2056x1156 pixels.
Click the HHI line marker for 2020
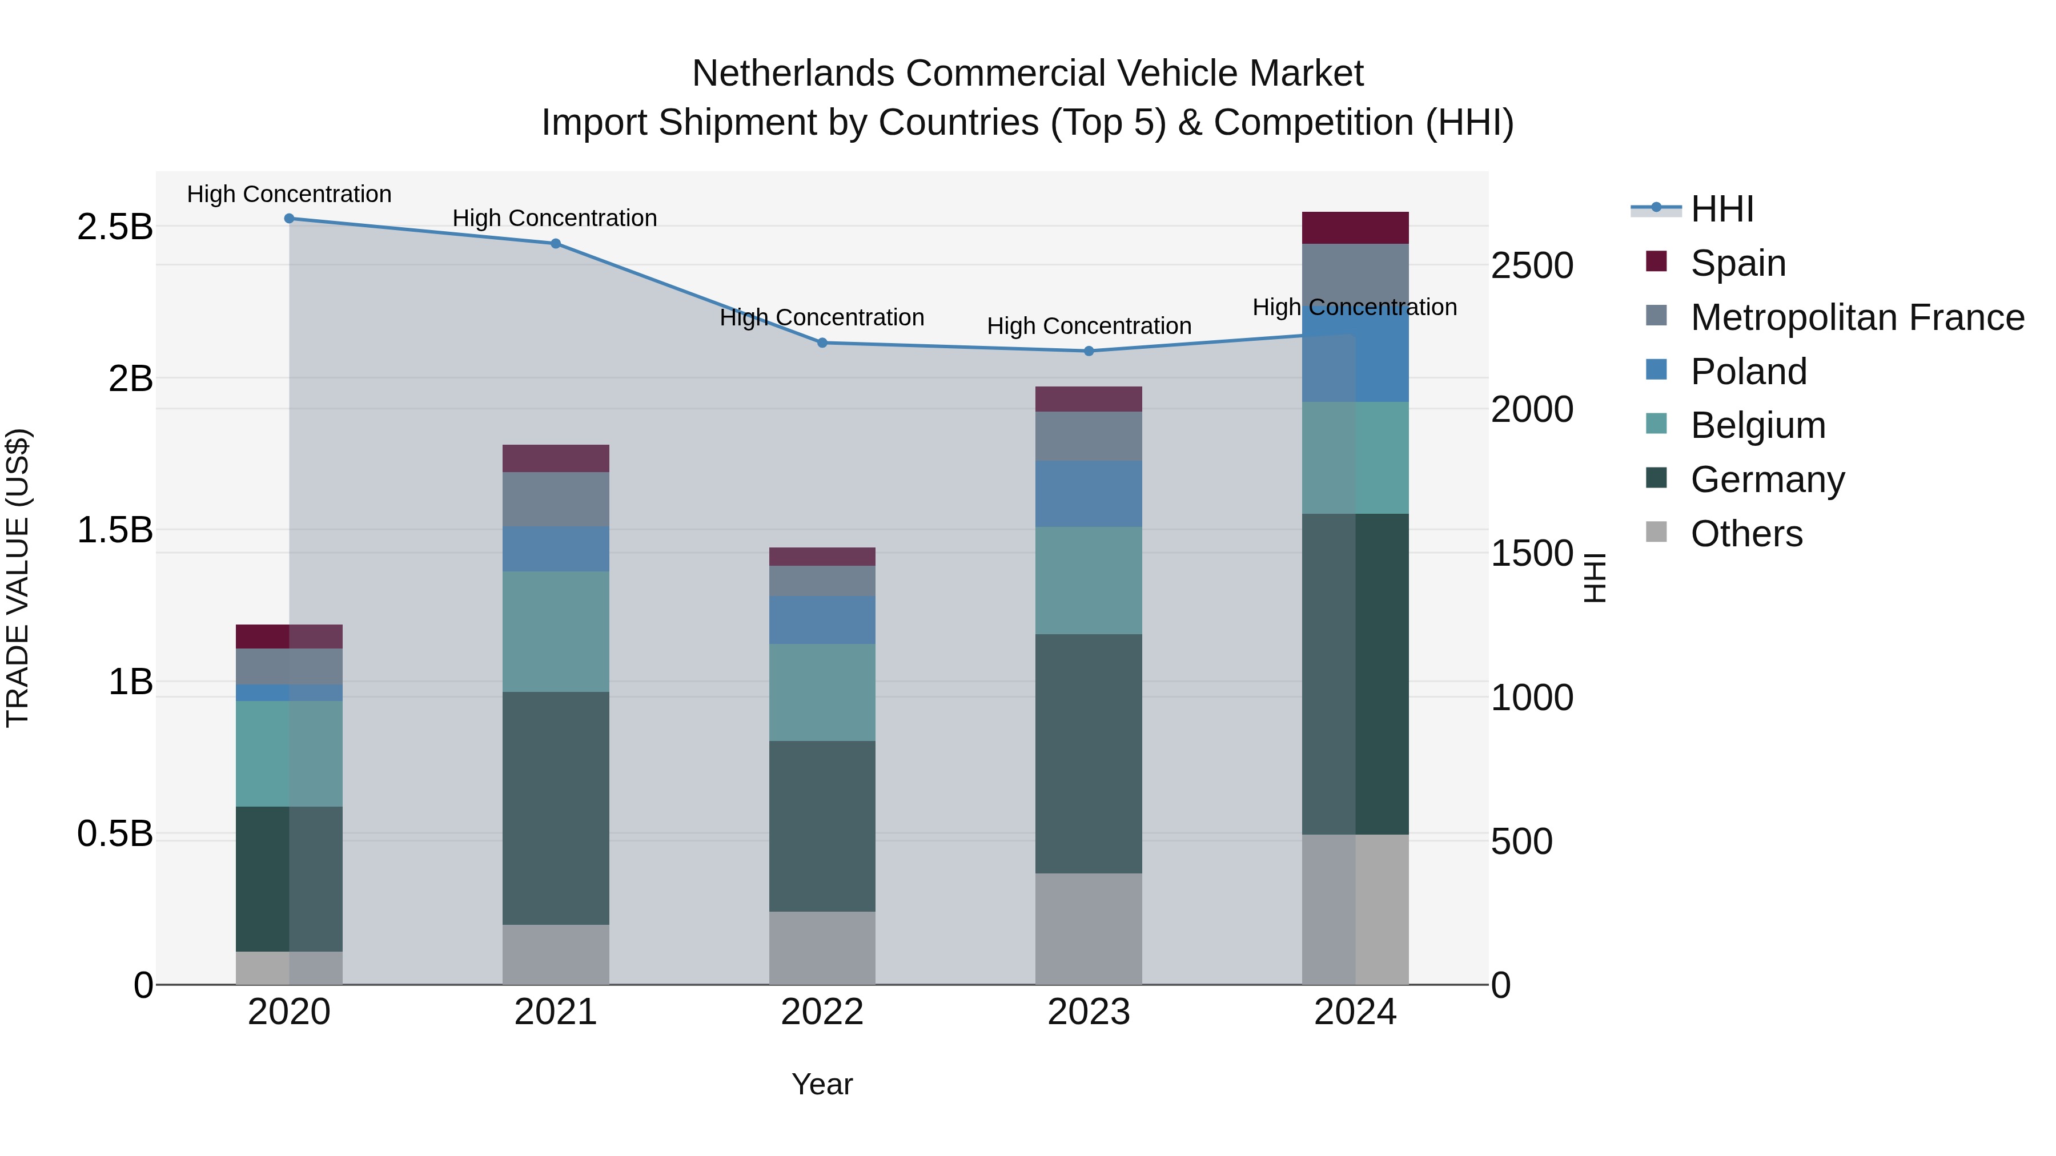tap(289, 219)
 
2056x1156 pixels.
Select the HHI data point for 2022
tap(822, 343)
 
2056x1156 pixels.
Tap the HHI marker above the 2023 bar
tap(1089, 351)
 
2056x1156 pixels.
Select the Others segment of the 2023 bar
tap(1089, 929)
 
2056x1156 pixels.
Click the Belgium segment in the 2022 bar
tap(822, 692)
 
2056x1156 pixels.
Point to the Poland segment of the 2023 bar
tap(1089, 494)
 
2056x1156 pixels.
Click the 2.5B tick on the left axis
tap(114, 227)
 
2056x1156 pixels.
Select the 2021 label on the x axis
tap(556, 1012)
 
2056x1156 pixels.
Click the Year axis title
tap(822, 1084)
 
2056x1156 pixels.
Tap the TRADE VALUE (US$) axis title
tap(18, 578)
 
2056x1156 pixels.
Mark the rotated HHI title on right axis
tap(1594, 578)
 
